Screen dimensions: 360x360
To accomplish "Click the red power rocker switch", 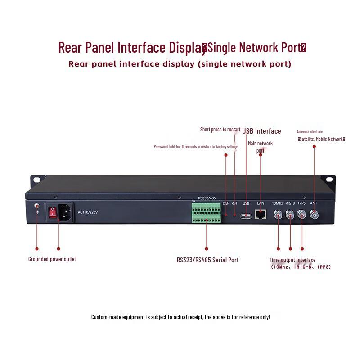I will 52,212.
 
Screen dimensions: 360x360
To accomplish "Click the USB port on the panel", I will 246,216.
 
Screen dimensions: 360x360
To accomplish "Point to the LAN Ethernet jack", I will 260,215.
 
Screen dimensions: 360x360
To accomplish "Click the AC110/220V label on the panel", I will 87,212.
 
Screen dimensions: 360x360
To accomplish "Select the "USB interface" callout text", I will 261,131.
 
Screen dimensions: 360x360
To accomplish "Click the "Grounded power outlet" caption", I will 52,259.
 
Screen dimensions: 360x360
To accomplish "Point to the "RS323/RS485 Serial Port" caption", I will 207,260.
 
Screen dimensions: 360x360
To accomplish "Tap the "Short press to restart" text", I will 220,130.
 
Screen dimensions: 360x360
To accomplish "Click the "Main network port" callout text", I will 260,147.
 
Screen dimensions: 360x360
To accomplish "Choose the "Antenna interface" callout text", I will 310,132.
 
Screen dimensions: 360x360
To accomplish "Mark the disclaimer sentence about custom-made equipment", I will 180,317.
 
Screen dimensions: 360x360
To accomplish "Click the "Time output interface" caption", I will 292,260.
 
